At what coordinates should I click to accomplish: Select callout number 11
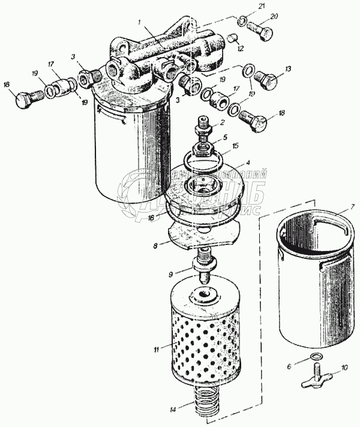(x=156, y=348)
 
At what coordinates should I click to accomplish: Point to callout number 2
(x=223, y=122)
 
